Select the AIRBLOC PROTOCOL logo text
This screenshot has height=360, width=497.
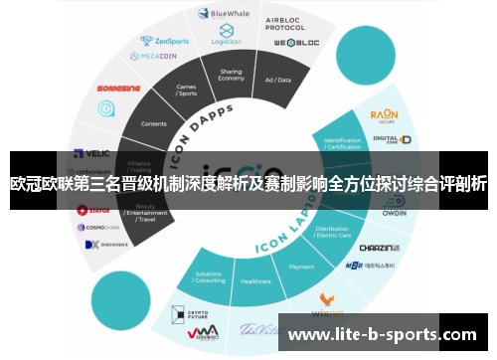point(284,23)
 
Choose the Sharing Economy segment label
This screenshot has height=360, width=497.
point(231,76)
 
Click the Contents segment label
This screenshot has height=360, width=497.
point(154,124)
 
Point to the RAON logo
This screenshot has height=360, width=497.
point(384,116)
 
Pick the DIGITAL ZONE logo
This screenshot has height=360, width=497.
point(385,139)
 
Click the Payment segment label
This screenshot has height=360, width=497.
point(301,267)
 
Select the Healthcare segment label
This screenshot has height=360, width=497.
point(255,281)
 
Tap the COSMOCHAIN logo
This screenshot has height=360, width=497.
point(101,228)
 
